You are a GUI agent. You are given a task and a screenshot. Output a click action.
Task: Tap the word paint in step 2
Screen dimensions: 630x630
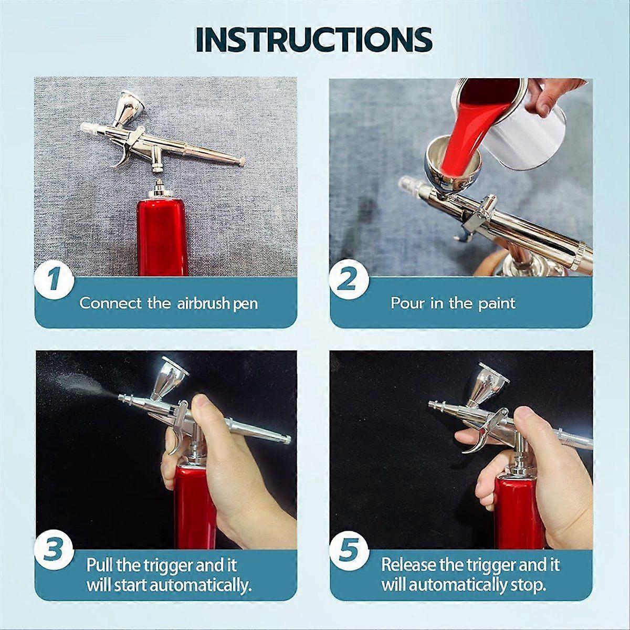[497, 303]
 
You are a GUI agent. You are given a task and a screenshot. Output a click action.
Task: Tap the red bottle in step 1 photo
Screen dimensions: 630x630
[162, 236]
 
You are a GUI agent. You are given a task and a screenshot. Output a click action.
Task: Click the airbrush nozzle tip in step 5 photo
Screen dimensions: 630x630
[434, 405]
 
